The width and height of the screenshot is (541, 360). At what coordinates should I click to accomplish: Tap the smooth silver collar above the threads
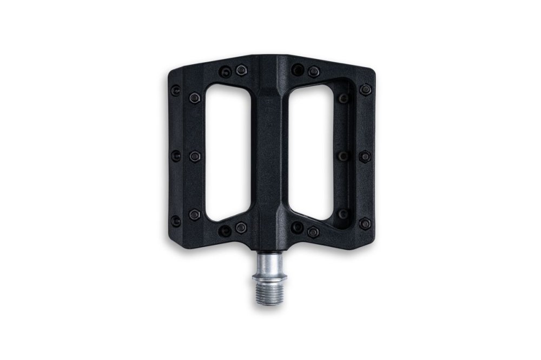tap(269, 265)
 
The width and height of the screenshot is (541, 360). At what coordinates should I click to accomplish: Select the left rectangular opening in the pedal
tap(228, 152)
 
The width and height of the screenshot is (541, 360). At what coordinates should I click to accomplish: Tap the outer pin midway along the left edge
tap(176, 156)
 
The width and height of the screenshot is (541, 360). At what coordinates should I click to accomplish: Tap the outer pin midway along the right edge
tap(365, 156)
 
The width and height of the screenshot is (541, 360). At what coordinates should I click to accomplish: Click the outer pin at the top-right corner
tap(366, 90)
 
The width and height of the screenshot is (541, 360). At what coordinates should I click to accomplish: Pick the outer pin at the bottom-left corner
tap(176, 221)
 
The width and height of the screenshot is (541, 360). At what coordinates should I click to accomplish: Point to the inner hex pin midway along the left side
tap(195, 156)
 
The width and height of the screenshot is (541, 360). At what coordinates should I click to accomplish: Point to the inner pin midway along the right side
tap(344, 156)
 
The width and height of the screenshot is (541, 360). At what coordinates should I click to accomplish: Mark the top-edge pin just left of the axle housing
tap(241, 70)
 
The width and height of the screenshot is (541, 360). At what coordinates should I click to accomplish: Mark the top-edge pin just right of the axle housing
tap(298, 70)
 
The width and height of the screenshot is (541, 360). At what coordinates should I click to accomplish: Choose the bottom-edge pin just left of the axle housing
tap(241, 228)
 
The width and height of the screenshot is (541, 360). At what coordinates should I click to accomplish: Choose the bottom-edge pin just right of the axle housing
tap(297, 228)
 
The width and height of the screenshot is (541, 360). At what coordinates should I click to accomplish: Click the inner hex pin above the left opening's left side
tap(195, 98)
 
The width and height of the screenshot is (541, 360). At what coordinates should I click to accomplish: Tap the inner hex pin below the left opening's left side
tap(195, 215)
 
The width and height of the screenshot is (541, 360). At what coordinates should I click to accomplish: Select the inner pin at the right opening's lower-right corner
tap(344, 214)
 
